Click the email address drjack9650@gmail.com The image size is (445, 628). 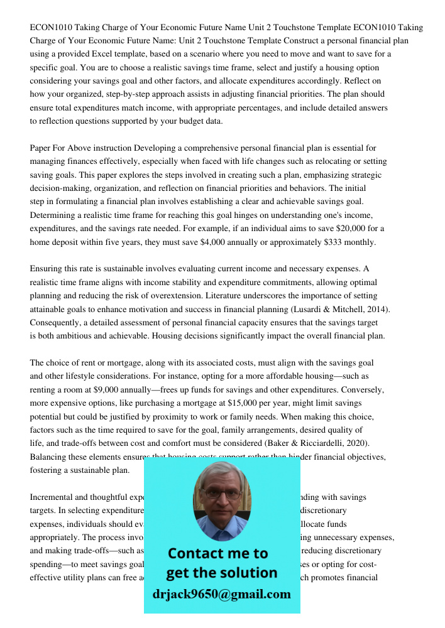coord(221,594)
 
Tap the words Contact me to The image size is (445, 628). coord(217,553)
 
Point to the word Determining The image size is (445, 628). coord(55,215)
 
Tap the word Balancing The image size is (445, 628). coord(50,457)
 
